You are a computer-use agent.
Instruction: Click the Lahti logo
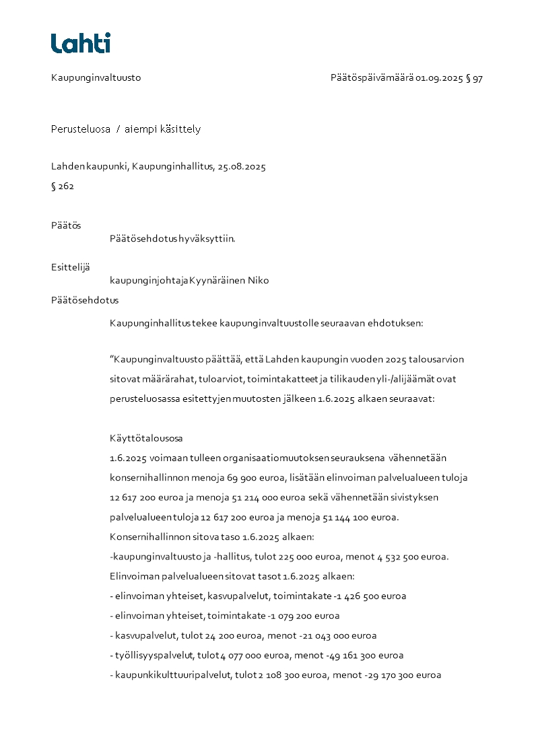[x=81, y=43]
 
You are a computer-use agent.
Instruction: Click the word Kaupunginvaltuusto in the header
[x=96, y=78]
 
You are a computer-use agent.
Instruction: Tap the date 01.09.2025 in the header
[x=439, y=78]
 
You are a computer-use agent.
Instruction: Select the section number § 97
[x=474, y=78]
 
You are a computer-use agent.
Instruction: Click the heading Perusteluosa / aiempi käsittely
[x=126, y=129]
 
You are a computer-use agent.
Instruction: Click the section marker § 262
[x=63, y=186]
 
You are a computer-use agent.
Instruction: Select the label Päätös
[x=66, y=226]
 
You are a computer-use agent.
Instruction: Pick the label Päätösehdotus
[x=85, y=300]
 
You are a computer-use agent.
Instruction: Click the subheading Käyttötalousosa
[x=146, y=438]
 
